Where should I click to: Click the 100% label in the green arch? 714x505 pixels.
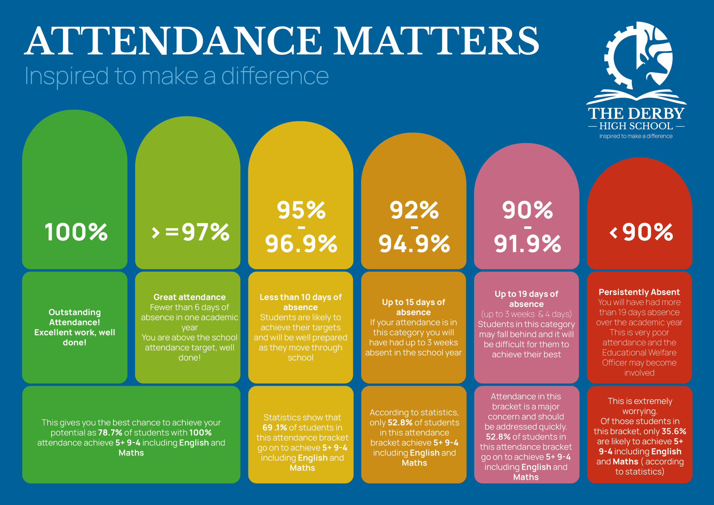pyautogui.click(x=76, y=232)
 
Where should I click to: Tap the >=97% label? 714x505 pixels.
pyautogui.click(x=191, y=232)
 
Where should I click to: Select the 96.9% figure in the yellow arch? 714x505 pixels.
pyautogui.click(x=301, y=244)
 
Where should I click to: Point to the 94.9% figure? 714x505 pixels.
pyautogui.click(x=414, y=244)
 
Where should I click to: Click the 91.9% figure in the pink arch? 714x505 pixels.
pyautogui.click(x=527, y=244)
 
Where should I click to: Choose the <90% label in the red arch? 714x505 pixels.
pyautogui.click(x=641, y=232)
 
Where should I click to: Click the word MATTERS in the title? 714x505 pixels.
pyautogui.click(x=436, y=41)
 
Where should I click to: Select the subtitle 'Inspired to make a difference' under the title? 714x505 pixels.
pyautogui.click(x=177, y=76)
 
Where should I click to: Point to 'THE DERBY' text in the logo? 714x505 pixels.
pyautogui.click(x=636, y=114)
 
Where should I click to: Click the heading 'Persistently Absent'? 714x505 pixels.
pyautogui.click(x=639, y=292)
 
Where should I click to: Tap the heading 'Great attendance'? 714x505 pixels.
pyautogui.click(x=189, y=297)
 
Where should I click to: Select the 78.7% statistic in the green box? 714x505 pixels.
pyautogui.click(x=110, y=433)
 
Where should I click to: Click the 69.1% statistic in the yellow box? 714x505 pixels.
pyautogui.click(x=274, y=428)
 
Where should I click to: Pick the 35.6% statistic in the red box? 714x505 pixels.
pyautogui.click(x=674, y=431)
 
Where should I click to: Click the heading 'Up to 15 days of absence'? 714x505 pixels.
pyautogui.click(x=414, y=307)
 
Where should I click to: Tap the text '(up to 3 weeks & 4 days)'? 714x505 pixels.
pyautogui.click(x=526, y=314)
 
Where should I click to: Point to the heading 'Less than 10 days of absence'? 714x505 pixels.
pyautogui.click(x=300, y=302)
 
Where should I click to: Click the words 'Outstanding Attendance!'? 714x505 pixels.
pyautogui.click(x=75, y=317)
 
